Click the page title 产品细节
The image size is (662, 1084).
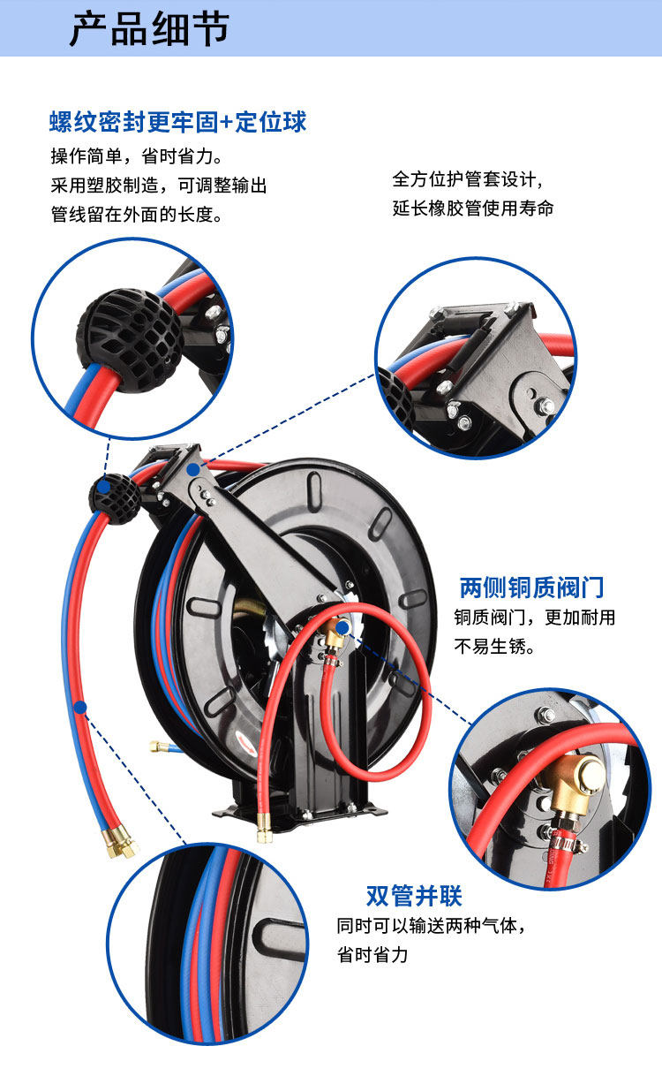coord(149,29)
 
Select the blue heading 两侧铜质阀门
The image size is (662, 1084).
coord(532,587)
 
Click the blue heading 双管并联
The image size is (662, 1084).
coord(414,896)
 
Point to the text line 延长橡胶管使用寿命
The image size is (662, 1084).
coord(473,209)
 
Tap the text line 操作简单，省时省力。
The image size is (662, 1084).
coord(136,157)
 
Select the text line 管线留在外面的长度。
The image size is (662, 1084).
coord(136,215)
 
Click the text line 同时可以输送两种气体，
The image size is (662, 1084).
coord(436,927)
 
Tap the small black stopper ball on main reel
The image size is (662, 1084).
coord(112,497)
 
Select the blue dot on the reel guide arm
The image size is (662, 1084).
coord(192,469)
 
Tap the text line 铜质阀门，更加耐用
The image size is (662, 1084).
coord(534,618)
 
